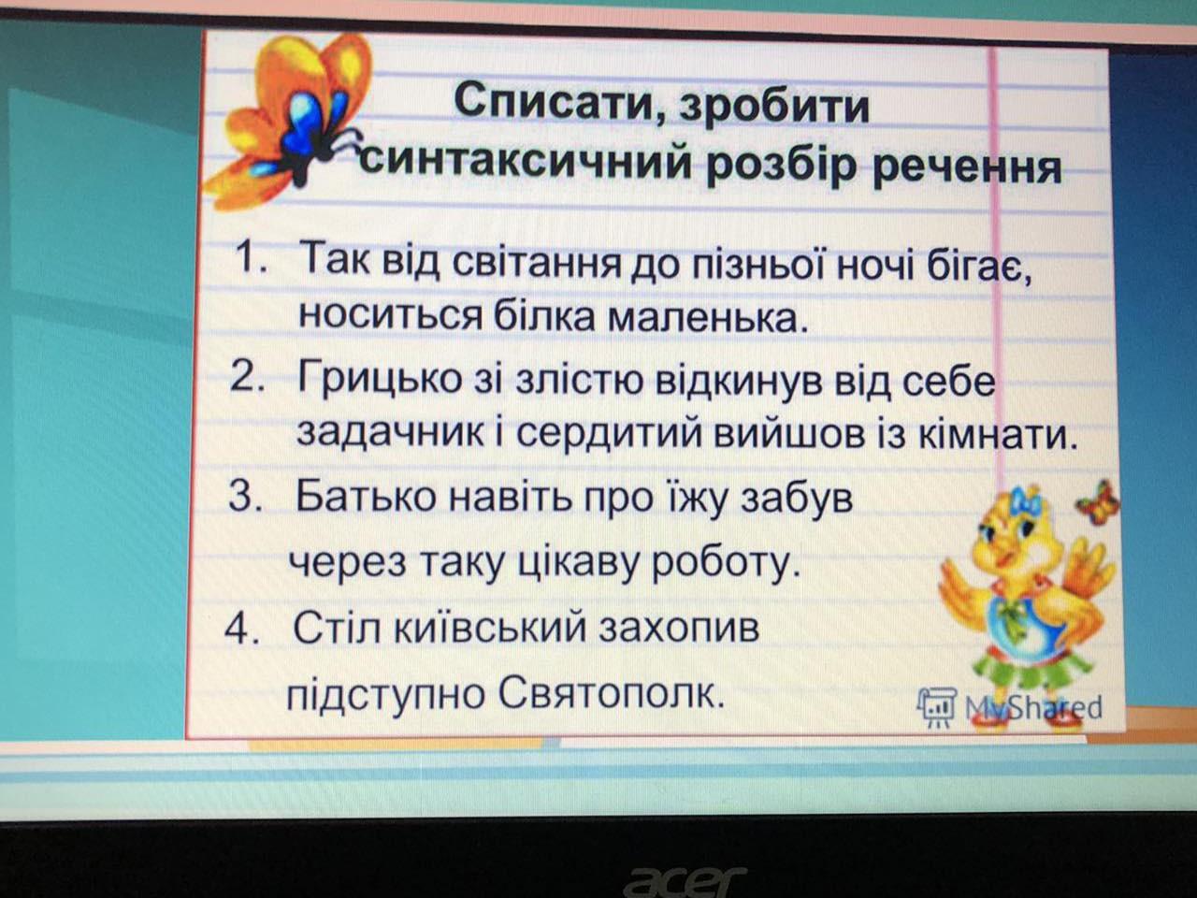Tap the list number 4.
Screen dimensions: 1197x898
[242, 628]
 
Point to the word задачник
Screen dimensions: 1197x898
[390, 435]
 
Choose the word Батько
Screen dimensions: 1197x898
[366, 497]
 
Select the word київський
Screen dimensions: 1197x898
[490, 628]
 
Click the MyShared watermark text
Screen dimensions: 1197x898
[1033, 707]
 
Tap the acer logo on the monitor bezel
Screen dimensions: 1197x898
[685, 880]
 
